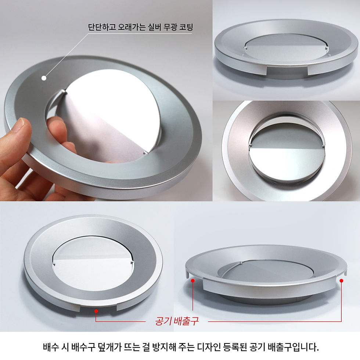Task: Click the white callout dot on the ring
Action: [44, 78]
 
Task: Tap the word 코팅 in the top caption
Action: [186, 27]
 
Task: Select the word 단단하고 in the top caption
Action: [102, 27]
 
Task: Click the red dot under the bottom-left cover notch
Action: [96, 311]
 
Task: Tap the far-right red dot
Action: [341, 281]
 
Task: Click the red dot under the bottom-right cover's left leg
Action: [193, 281]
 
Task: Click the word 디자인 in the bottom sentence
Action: [209, 347]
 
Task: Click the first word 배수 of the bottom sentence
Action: [51, 347]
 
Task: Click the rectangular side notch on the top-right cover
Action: [287, 71]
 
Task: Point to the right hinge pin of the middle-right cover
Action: [324, 145]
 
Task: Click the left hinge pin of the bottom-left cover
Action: [54, 264]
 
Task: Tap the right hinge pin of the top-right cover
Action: [327, 48]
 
